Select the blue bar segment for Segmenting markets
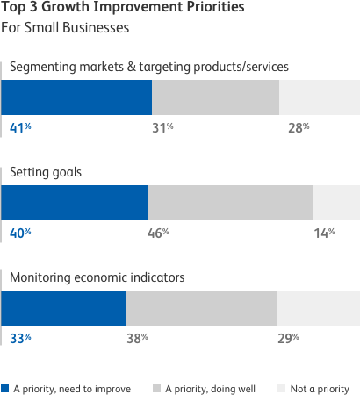coord(77,97)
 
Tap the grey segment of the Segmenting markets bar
coord(215,97)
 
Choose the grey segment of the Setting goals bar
coord(230,203)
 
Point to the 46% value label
coord(157,233)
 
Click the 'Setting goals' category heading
coord(45,173)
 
